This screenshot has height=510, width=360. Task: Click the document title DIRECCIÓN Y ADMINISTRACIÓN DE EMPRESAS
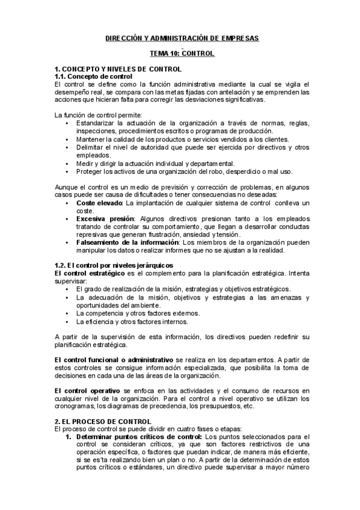pyautogui.click(x=178, y=38)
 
